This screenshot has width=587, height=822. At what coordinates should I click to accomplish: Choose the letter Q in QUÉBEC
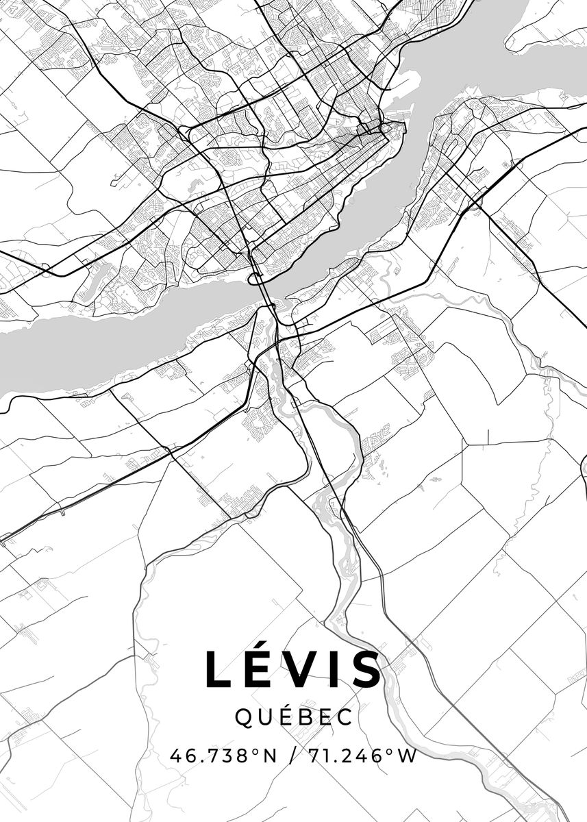[243, 717]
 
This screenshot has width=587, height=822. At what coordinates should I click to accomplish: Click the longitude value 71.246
[340, 756]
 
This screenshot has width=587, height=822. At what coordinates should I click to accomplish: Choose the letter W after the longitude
[407, 756]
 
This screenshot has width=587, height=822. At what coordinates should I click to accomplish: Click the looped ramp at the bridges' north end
[257, 277]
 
